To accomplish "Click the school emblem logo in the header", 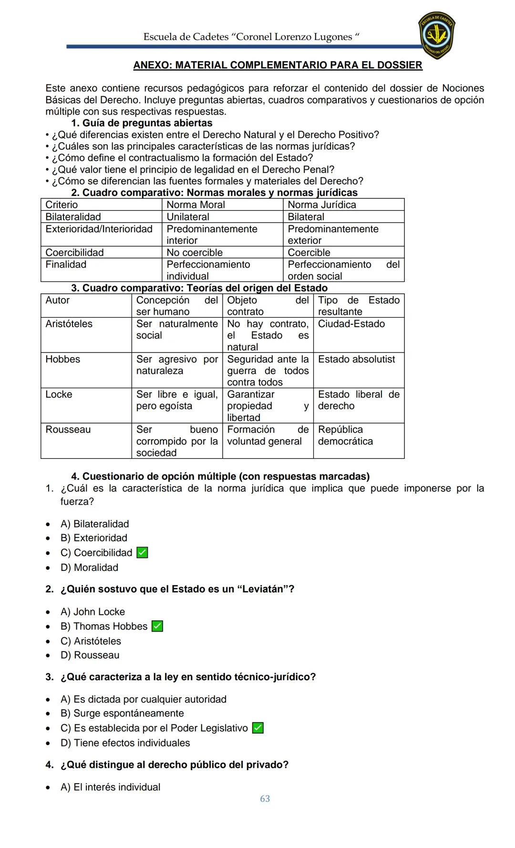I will [436, 35].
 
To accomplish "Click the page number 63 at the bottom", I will [265, 798].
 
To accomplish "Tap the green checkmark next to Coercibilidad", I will [142, 552].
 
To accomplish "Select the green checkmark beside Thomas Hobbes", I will [157, 626].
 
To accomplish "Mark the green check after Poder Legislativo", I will [257, 728].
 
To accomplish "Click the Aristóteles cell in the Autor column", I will [69, 324].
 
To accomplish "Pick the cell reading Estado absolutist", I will [356, 359].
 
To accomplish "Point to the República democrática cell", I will [345, 435].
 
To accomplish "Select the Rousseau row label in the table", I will [68, 429].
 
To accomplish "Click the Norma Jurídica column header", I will [322, 205].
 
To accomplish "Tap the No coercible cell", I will [195, 252].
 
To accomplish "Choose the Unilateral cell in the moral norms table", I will [188, 217].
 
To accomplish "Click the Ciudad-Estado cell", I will [351, 324].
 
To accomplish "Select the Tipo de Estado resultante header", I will [359, 306].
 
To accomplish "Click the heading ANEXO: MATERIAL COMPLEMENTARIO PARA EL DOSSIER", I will [278, 65].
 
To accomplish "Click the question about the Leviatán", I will [177, 589].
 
